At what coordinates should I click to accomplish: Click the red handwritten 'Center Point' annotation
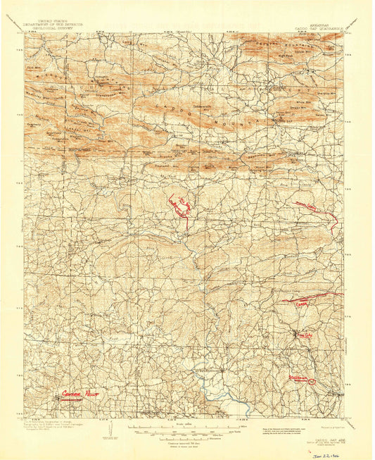point(80,393)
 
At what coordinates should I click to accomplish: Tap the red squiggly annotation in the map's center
point(179,206)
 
